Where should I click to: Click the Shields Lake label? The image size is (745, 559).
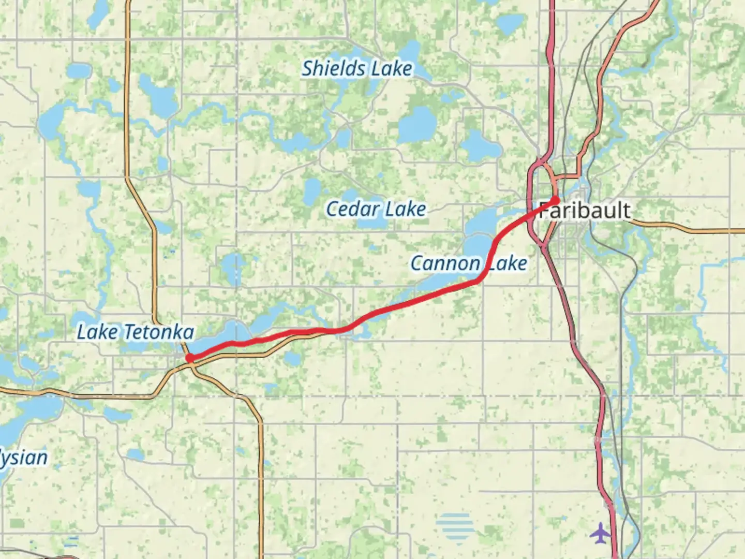(x=357, y=69)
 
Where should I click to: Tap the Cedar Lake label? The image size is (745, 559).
(x=376, y=209)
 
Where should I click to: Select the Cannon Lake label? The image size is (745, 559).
(x=469, y=263)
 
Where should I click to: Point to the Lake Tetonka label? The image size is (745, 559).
(x=136, y=332)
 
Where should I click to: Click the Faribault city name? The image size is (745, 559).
(x=585, y=211)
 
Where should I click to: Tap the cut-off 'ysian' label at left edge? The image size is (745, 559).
(x=24, y=458)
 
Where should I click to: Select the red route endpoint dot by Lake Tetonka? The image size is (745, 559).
(x=190, y=358)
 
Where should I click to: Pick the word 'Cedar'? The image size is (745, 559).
(x=348, y=209)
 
